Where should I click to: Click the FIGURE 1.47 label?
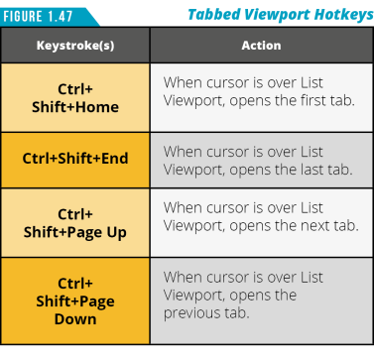pyautogui.click(x=38, y=16)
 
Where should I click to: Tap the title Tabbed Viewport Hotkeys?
pyautogui.click(x=281, y=15)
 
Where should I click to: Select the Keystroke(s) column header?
pyautogui.click(x=75, y=46)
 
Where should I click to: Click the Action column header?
pyautogui.click(x=261, y=46)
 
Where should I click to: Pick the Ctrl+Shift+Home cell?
pyautogui.click(x=75, y=98)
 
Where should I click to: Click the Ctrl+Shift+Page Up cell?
pyautogui.click(x=75, y=223)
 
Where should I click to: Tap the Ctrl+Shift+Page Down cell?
pyautogui.click(x=75, y=301)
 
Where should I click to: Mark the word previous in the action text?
pyautogui.click(x=192, y=313)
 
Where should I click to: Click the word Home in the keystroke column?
pyautogui.click(x=97, y=107)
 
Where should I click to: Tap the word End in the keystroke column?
pyautogui.click(x=114, y=158)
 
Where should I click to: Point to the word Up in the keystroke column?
pyautogui.click(x=116, y=233)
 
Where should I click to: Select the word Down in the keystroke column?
pyautogui.click(x=75, y=319)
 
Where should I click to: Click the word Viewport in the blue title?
pyautogui.click(x=277, y=15)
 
